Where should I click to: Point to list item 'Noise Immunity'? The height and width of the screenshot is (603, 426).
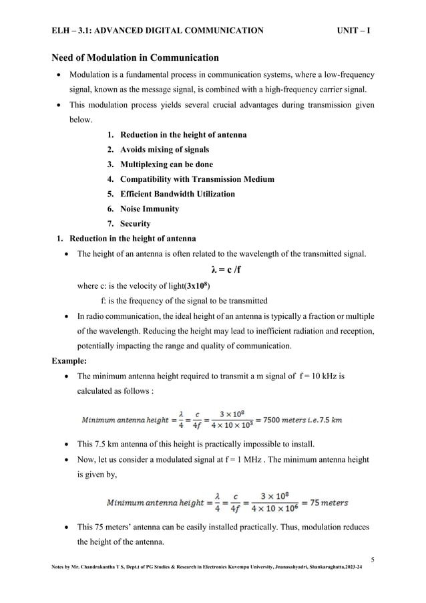[x=150, y=209]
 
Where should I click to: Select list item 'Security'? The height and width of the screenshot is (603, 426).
[x=136, y=224]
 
